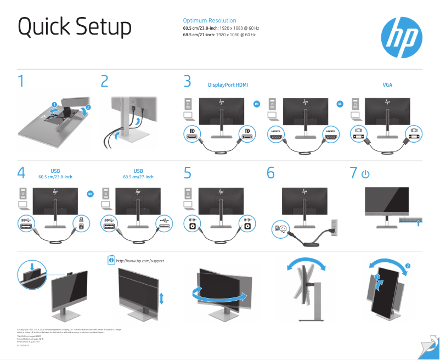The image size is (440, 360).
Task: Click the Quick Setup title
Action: (x=75, y=27)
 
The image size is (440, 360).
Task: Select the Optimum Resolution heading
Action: (x=210, y=20)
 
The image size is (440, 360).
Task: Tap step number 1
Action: (x=21, y=82)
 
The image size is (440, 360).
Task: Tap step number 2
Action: (x=105, y=82)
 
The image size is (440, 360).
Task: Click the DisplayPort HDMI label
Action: (x=228, y=85)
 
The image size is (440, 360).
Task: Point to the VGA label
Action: (x=387, y=85)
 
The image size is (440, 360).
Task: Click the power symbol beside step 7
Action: (x=365, y=174)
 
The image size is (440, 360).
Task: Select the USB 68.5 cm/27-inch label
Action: (x=138, y=174)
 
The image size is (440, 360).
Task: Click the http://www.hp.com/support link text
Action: (x=140, y=261)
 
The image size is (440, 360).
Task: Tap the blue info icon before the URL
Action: (x=111, y=260)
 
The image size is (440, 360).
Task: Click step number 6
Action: (x=270, y=173)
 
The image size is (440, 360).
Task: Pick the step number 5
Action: (x=188, y=173)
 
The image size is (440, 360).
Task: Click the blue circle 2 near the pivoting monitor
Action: (x=408, y=266)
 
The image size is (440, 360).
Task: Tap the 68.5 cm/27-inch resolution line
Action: (x=219, y=35)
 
